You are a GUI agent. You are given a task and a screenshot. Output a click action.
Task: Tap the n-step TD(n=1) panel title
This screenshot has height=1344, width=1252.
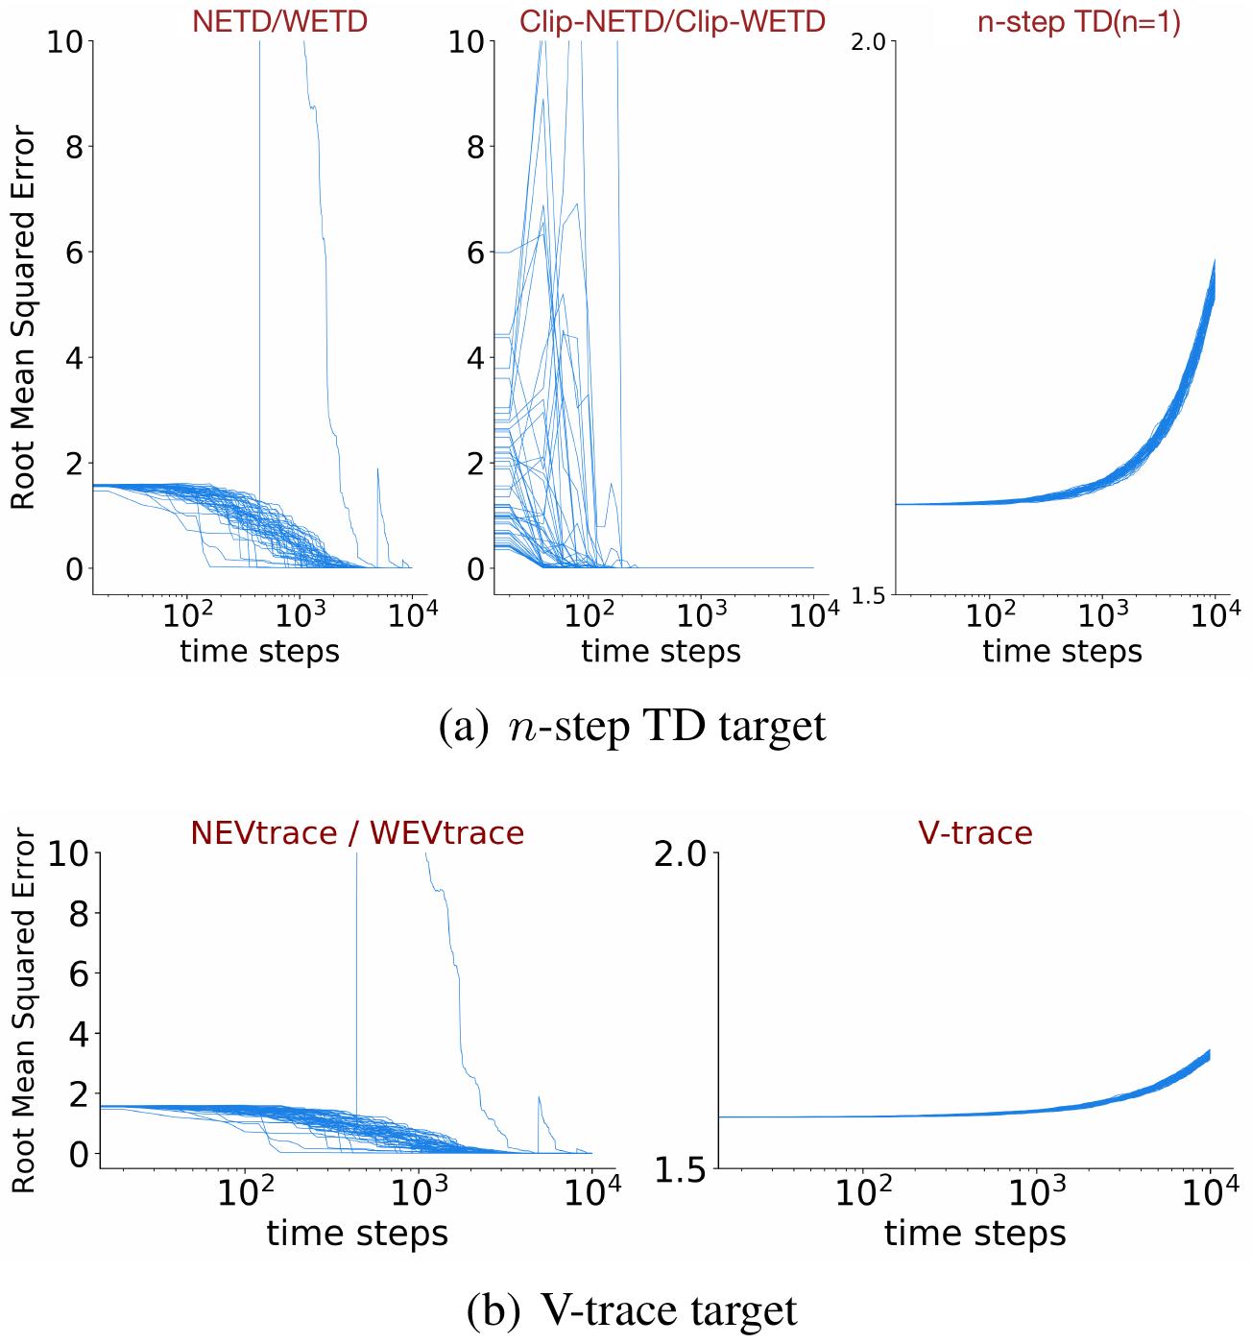point(1078,23)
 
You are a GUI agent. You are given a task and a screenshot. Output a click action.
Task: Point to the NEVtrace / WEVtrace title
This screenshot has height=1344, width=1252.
point(357,831)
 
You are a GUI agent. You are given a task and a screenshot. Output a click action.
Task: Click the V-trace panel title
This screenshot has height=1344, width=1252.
point(975,831)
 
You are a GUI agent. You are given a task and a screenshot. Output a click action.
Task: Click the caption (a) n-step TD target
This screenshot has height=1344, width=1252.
point(632,726)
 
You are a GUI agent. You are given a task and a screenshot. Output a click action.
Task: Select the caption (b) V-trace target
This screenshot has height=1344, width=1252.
point(632,1309)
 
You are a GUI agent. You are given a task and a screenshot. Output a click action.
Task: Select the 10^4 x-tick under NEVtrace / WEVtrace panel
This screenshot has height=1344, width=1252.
point(590,1192)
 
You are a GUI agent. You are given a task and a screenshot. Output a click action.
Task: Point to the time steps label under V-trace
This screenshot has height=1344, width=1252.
point(975,1233)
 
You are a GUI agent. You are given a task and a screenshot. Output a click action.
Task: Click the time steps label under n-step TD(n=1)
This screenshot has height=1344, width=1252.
point(1062,652)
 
